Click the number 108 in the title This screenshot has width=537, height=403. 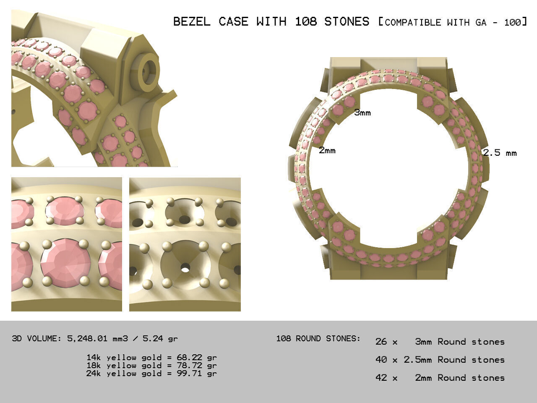(x=305, y=21)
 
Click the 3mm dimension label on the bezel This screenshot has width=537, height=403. (x=362, y=113)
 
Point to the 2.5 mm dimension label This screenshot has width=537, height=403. (x=500, y=153)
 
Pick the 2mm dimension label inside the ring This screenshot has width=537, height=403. (x=327, y=150)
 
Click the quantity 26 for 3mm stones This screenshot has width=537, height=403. (x=381, y=342)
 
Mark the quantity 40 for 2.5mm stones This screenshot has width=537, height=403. (x=381, y=360)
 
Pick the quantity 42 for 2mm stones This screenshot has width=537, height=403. (x=381, y=378)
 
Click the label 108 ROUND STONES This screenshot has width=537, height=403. (x=318, y=338)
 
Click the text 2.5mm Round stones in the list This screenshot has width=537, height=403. (x=454, y=360)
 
